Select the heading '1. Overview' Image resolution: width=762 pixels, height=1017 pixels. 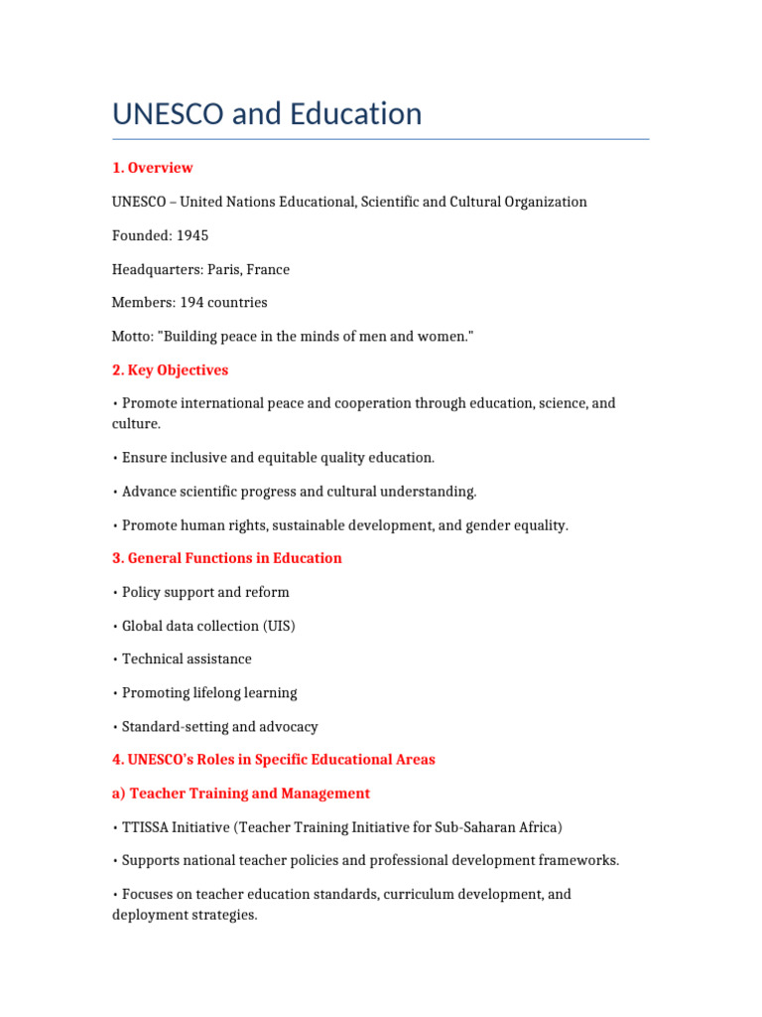152,168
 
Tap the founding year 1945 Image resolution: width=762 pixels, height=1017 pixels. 192,235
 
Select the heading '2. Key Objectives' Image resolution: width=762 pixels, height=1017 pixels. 170,370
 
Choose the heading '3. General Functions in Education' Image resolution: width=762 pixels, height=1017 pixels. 226,558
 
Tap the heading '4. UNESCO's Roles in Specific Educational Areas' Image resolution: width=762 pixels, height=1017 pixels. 273,760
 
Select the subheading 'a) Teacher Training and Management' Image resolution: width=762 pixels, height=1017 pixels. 240,794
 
